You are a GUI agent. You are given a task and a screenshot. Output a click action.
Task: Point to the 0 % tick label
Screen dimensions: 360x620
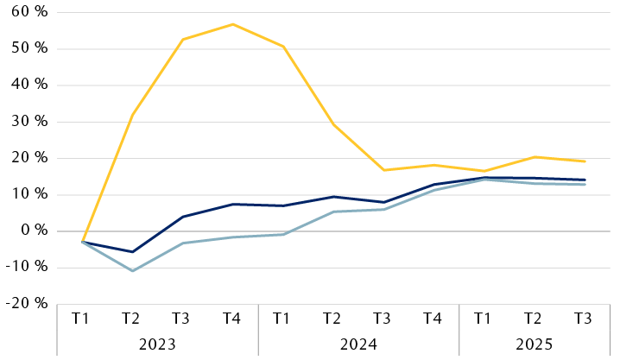(33, 231)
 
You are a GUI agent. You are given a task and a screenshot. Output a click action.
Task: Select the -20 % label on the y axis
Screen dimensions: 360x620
(26, 304)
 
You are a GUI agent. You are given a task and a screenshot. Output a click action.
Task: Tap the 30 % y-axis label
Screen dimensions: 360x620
(28, 121)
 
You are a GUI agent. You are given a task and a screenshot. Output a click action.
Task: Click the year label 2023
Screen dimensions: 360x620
(157, 343)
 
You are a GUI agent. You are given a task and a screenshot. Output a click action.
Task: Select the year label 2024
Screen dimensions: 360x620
(357, 343)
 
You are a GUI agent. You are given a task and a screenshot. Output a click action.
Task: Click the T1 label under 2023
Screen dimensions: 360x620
(82, 319)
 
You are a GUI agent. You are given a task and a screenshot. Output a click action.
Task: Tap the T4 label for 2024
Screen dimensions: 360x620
(433, 319)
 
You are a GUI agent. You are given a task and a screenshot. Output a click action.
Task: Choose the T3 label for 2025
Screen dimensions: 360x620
(584, 319)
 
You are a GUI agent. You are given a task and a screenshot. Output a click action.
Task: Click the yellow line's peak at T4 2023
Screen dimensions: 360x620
(232, 24)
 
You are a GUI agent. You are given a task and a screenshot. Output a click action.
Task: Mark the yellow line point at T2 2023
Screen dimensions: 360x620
(132, 115)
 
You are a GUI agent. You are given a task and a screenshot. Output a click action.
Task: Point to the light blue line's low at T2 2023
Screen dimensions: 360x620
(132, 271)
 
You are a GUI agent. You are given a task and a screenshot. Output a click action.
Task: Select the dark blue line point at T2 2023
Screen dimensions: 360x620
(132, 252)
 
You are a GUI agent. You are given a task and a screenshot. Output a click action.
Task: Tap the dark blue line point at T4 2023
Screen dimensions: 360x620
(232, 204)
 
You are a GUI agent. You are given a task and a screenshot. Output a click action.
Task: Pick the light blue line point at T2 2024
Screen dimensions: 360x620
(332, 212)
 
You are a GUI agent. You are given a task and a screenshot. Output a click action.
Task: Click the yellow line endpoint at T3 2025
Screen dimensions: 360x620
(584, 161)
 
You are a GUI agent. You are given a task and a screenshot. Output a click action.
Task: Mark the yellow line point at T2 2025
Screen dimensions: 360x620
(534, 157)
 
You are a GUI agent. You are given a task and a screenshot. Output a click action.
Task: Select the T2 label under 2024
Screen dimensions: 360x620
(332, 319)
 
